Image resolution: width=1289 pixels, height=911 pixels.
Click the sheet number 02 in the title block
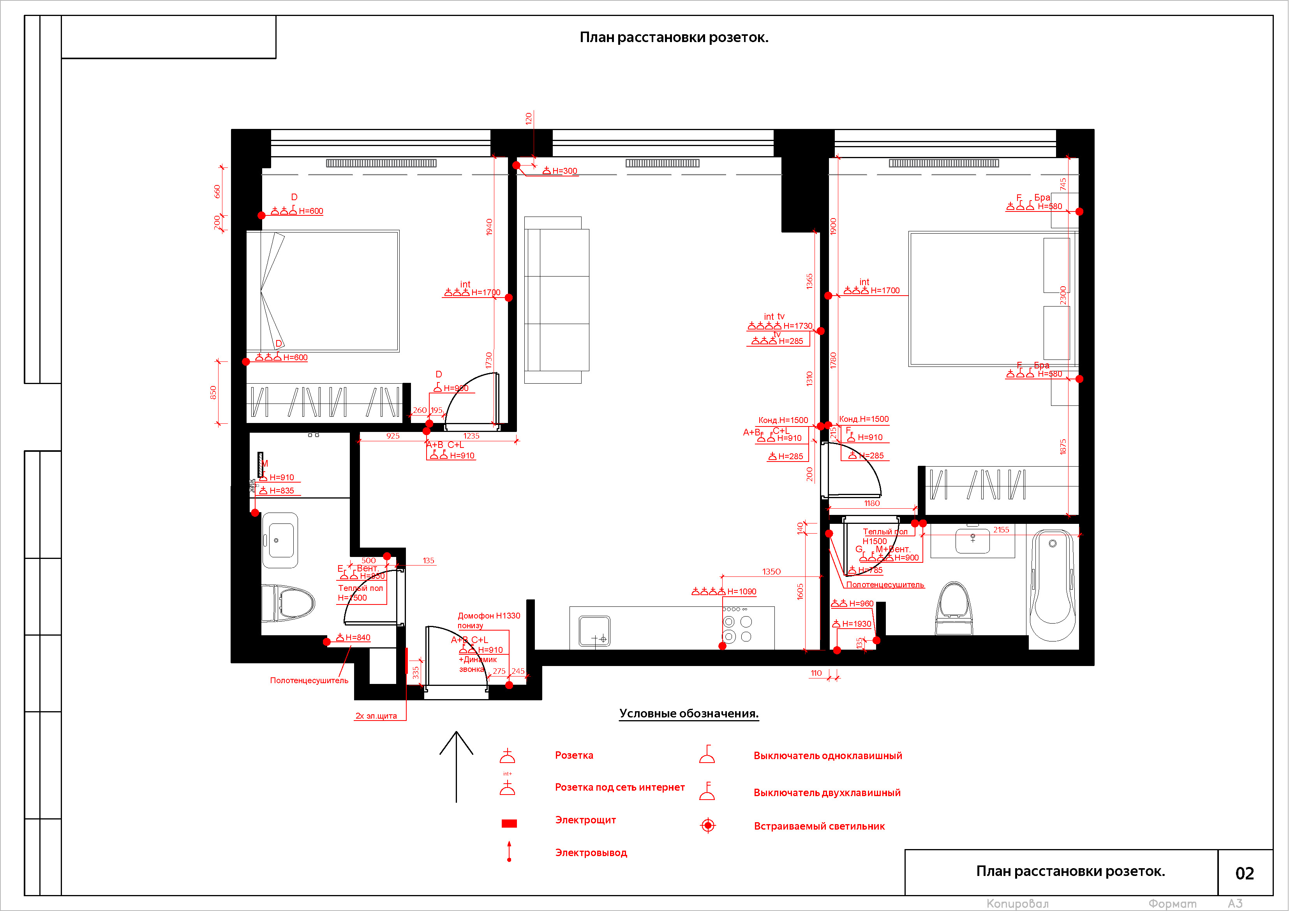tap(1244, 873)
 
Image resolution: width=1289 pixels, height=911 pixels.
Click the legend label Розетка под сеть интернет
tap(619, 787)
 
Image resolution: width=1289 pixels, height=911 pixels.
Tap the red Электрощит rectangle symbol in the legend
tap(509, 823)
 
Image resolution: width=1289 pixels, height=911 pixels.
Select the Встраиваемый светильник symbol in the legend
tap(708, 825)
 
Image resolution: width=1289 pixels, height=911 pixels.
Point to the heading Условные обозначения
tap(688, 714)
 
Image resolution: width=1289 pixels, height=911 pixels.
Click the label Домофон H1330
tap(488, 616)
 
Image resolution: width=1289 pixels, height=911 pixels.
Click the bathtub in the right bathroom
tap(1052, 584)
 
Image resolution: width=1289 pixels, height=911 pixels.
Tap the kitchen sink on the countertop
tap(594, 631)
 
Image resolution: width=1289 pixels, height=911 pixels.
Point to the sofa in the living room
tap(556, 300)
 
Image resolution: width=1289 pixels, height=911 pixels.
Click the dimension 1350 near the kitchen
tap(771, 571)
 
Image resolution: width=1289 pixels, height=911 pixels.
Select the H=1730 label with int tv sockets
tap(797, 326)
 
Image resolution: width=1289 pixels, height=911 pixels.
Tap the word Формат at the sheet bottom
tap(1172, 904)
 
